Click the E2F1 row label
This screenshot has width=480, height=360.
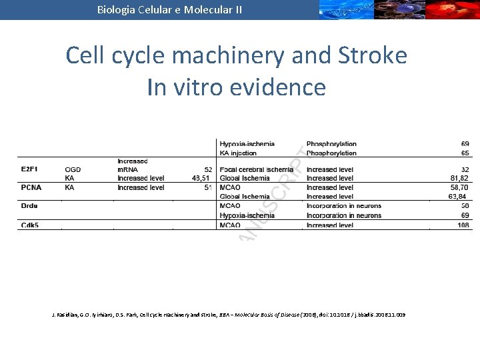point(29,170)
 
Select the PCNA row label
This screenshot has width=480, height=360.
point(31,188)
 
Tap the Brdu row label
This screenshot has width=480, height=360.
point(29,206)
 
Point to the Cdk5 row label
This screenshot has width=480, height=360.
point(29,225)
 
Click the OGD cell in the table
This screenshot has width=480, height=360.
point(73,170)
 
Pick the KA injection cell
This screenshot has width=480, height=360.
point(243,153)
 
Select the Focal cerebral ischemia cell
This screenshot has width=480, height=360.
point(257,170)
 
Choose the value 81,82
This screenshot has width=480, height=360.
point(459,179)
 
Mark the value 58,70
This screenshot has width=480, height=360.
point(459,188)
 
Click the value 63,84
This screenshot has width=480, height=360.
point(457,197)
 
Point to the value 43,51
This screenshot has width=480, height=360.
point(200,179)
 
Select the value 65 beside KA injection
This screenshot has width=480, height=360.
point(465,153)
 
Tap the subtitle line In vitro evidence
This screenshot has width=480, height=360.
point(237,87)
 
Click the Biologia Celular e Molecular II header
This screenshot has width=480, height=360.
point(169,9)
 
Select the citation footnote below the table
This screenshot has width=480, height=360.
point(228,314)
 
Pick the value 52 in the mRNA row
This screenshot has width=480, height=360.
point(207,170)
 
